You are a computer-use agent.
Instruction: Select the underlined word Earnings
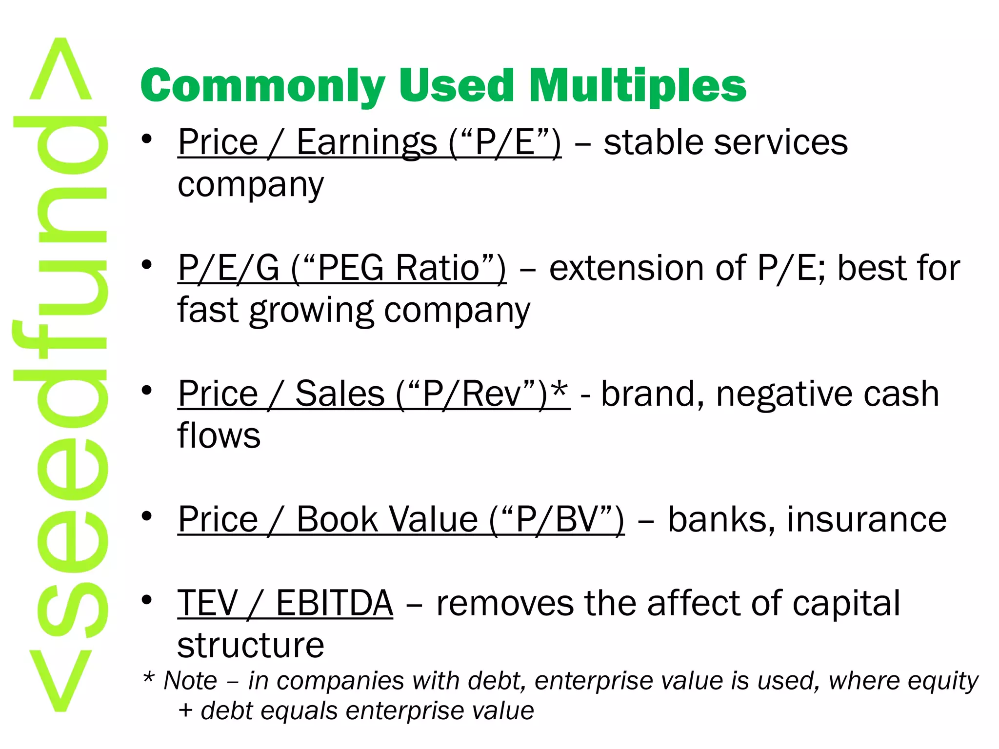click(366, 142)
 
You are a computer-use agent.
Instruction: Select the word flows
click(219, 435)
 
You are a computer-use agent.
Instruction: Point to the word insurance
click(866, 519)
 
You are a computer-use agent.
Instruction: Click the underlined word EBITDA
click(334, 603)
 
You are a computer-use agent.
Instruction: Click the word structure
click(250, 645)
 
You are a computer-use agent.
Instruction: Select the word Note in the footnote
click(190, 681)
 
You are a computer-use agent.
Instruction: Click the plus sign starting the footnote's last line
click(185, 711)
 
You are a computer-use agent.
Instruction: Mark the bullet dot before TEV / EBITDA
click(147, 600)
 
